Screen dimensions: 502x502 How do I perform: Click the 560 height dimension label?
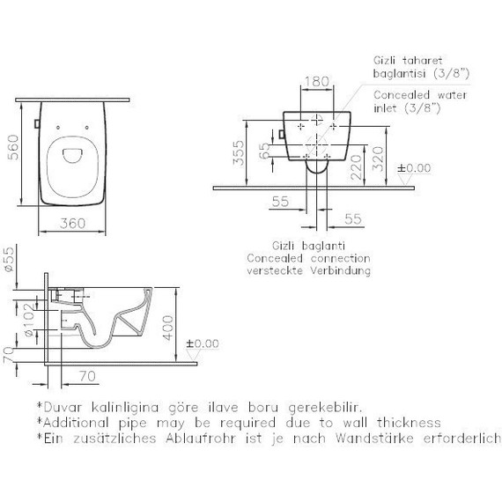13,147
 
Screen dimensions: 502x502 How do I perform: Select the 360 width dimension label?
73,223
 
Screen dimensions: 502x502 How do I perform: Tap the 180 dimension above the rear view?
317,81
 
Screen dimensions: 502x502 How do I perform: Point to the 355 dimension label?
239,153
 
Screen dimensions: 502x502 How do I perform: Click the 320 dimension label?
378,159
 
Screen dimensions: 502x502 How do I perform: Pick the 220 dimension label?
356,167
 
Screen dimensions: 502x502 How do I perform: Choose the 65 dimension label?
264,151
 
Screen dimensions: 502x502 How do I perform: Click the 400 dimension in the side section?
167,328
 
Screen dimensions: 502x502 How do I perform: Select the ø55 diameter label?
9,259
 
